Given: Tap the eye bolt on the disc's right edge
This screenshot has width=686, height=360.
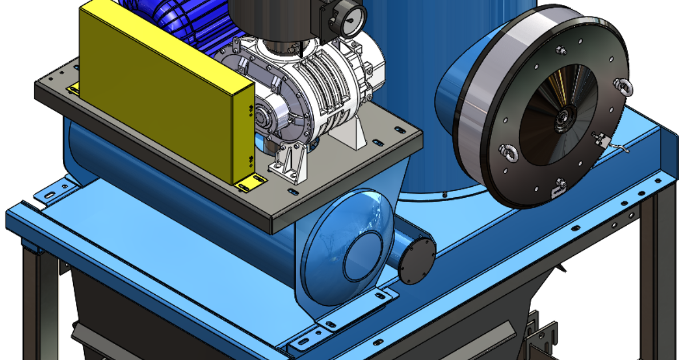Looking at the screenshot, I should [620, 86].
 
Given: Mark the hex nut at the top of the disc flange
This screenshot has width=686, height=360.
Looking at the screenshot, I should [564, 51].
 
